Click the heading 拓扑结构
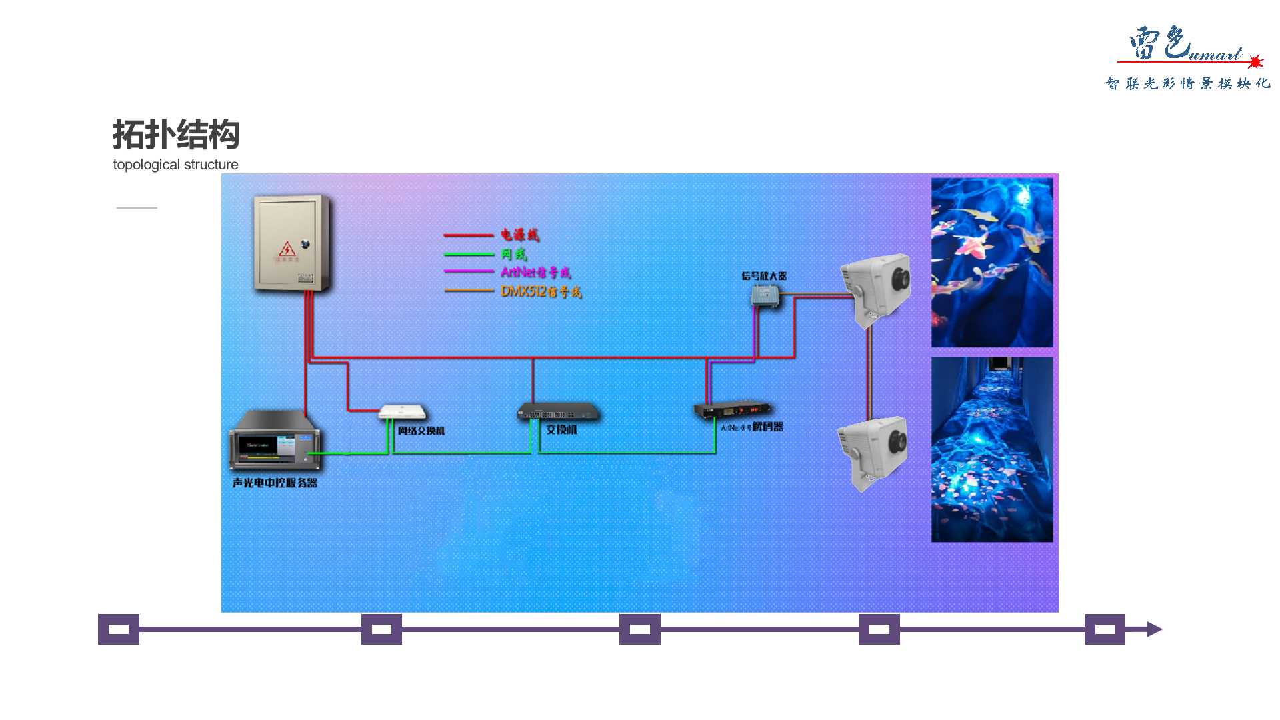tap(176, 135)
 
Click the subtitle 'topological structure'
tap(175, 165)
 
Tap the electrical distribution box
tap(291, 243)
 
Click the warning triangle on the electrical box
tap(287, 249)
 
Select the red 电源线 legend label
tap(520, 235)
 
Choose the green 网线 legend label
tap(514, 254)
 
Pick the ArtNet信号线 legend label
tap(535, 272)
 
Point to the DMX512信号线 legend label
tap(541, 291)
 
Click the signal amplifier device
tap(765, 295)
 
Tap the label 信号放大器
tap(764, 276)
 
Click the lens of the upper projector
tap(901, 279)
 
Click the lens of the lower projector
tap(897, 441)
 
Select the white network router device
tap(402, 411)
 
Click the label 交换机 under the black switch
tap(561, 430)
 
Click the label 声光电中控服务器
tap(275, 483)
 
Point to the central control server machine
tap(274, 440)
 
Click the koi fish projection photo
tap(991, 262)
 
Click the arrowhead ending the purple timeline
tap(1154, 629)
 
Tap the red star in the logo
tap(1255, 62)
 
